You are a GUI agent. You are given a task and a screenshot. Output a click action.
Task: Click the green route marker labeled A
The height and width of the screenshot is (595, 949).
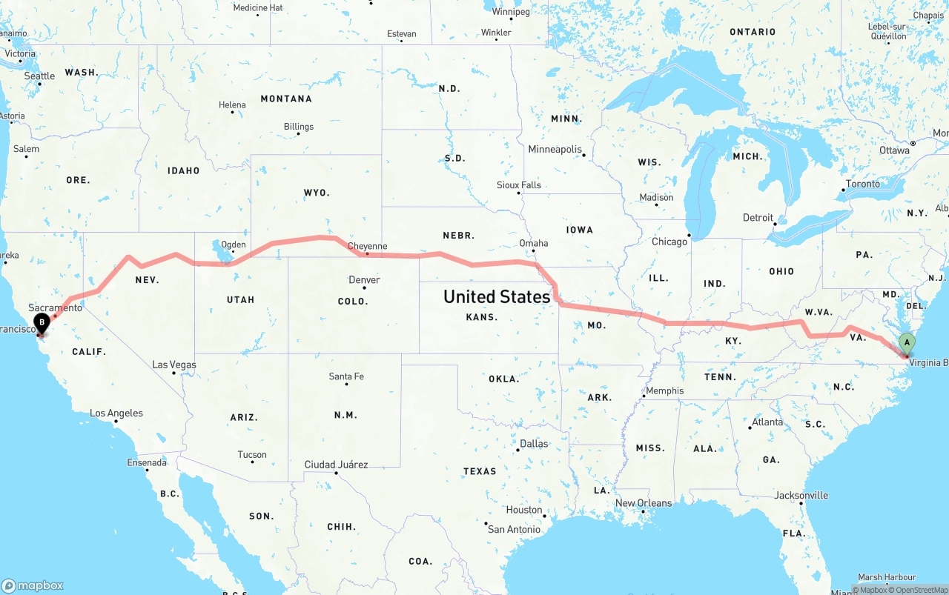[x=906, y=343]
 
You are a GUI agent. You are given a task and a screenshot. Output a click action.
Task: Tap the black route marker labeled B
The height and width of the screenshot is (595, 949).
[x=42, y=322]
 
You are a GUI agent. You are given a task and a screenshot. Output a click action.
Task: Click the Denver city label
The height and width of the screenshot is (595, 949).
[x=364, y=280]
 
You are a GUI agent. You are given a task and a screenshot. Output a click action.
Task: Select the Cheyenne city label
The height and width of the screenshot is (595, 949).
[x=367, y=246]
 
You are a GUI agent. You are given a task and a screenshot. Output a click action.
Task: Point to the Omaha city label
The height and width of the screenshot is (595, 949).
[x=533, y=243]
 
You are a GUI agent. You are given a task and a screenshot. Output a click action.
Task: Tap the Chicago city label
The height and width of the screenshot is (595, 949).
[x=669, y=242]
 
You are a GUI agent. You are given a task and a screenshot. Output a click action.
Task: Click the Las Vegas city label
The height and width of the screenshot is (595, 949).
[x=173, y=365]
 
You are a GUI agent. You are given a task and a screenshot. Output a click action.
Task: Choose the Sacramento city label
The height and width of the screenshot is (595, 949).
[x=55, y=308]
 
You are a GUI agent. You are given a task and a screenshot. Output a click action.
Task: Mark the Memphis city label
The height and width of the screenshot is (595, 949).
[x=664, y=390]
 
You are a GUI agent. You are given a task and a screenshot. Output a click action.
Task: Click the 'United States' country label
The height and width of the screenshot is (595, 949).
[x=496, y=296]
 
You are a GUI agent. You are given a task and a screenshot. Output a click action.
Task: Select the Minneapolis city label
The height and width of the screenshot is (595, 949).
[x=555, y=149]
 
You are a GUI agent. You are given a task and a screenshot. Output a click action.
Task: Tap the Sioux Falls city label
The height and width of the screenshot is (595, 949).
[x=518, y=185]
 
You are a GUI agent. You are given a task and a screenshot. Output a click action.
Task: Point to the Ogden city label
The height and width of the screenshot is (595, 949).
[x=233, y=245]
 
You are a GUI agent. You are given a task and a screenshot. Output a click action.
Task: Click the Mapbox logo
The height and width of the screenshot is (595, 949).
[x=33, y=585]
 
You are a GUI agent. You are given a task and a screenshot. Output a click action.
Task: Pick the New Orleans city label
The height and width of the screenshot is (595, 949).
[x=644, y=503]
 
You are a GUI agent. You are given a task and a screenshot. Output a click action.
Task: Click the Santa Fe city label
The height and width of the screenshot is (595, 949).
[x=346, y=376]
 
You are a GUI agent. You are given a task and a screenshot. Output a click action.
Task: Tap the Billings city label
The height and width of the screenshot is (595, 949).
[x=298, y=127]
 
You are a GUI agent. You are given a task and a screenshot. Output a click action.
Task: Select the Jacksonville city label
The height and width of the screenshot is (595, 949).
[x=801, y=495]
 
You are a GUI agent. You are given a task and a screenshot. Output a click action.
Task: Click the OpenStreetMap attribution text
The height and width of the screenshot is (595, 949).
[x=922, y=590]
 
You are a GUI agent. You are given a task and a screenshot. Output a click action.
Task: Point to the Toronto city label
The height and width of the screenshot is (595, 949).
[x=863, y=184]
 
